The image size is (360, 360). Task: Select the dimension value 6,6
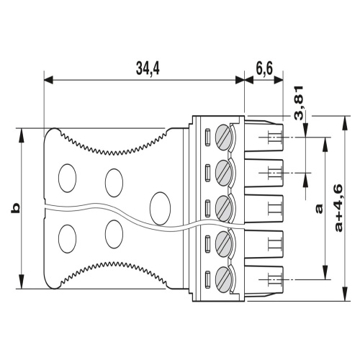(x=264, y=68)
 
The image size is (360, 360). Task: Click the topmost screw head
(x=226, y=136)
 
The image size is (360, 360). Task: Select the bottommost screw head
(x=226, y=279)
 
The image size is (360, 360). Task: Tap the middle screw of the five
(x=226, y=208)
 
